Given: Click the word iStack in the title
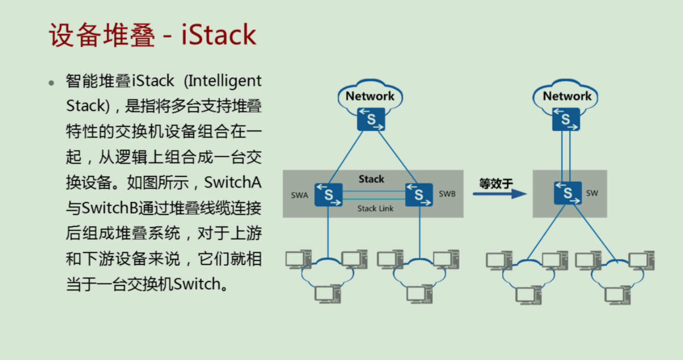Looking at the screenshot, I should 219,35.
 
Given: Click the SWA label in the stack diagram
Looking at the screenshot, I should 300,195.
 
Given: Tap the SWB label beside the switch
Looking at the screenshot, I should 447,194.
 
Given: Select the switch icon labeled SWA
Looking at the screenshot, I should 328,195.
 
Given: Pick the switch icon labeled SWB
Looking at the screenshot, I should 419,195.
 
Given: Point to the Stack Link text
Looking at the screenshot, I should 375,209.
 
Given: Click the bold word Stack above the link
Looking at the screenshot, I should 371,179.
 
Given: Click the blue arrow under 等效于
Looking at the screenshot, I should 499,194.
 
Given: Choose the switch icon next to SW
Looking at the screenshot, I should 567,193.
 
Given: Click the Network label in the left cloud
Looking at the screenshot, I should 370,96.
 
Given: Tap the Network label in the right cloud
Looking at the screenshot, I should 567,96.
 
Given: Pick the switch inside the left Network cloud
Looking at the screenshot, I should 371,119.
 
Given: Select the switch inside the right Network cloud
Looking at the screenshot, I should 566,119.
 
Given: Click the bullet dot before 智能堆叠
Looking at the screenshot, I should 51,83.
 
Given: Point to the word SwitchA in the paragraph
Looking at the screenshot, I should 233,183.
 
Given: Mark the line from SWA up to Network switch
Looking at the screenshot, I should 346,157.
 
